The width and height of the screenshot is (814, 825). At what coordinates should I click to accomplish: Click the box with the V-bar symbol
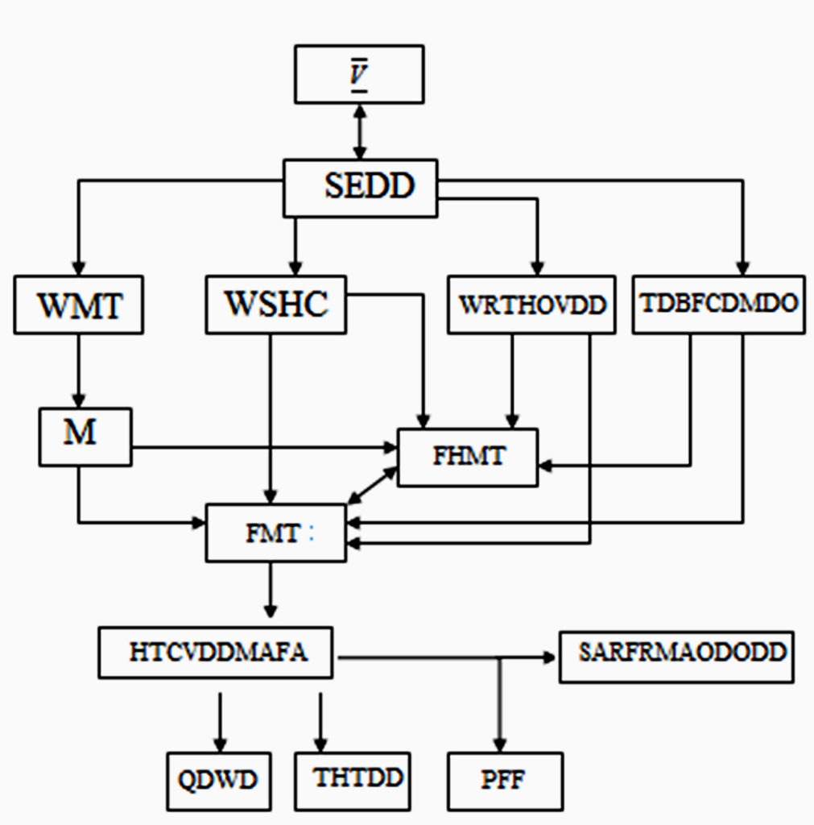tap(359, 74)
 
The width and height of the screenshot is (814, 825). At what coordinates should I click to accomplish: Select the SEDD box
tap(361, 188)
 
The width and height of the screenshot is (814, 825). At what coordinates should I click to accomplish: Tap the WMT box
tap(78, 305)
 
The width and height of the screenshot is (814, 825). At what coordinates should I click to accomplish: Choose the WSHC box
tap(276, 305)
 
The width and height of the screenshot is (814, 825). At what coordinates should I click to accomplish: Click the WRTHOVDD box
tap(531, 305)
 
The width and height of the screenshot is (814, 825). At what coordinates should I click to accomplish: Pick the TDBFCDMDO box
tap(718, 305)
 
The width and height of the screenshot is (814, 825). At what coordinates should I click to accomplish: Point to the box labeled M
tap(85, 436)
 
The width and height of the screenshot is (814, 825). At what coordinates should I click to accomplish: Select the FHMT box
tap(468, 457)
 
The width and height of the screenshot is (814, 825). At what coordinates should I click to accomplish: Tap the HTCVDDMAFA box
tap(216, 653)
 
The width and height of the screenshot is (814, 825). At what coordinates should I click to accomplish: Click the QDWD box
tap(217, 781)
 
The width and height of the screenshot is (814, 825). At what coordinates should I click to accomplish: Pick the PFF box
tap(505, 781)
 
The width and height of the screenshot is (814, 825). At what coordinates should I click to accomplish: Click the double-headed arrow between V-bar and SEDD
tap(359, 131)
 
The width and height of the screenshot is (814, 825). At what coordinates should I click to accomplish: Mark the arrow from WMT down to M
tap(78, 371)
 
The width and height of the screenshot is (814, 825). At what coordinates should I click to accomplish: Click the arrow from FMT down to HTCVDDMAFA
tap(271, 589)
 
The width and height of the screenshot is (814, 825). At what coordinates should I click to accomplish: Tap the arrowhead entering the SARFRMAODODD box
tap(552, 657)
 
